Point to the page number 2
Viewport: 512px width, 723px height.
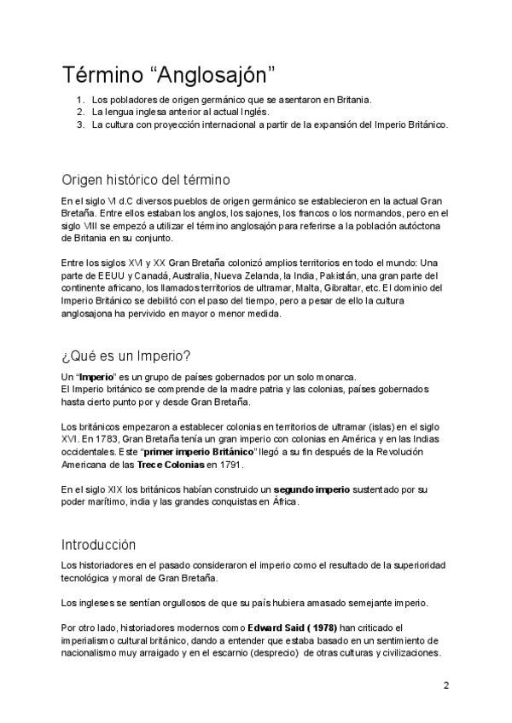click(445, 685)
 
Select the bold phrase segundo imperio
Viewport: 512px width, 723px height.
click(320, 489)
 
